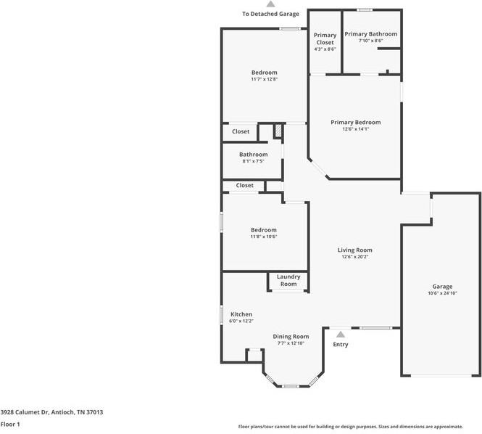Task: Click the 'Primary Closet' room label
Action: click(325, 38)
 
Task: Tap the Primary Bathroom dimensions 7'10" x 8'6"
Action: click(370, 41)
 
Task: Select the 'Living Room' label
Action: click(355, 250)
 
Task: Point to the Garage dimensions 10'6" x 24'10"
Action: click(442, 293)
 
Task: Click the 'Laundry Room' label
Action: click(288, 280)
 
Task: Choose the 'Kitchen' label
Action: click(241, 314)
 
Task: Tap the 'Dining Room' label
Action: click(291, 337)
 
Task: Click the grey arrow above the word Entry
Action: click(340, 335)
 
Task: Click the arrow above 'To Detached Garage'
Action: click(270, 4)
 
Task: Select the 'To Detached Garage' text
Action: click(270, 14)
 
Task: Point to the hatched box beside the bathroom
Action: click(278, 131)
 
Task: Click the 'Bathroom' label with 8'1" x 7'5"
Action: click(253, 154)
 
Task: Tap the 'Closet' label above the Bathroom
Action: click(241, 131)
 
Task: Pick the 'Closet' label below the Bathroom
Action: click(245, 185)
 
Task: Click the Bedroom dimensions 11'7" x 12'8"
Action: click(265, 79)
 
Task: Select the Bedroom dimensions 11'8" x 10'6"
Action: click(264, 237)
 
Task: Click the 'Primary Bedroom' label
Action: click(356, 122)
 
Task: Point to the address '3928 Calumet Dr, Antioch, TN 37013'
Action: click(51, 412)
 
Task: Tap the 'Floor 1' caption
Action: click(10, 424)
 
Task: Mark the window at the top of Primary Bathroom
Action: click(365, 10)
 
